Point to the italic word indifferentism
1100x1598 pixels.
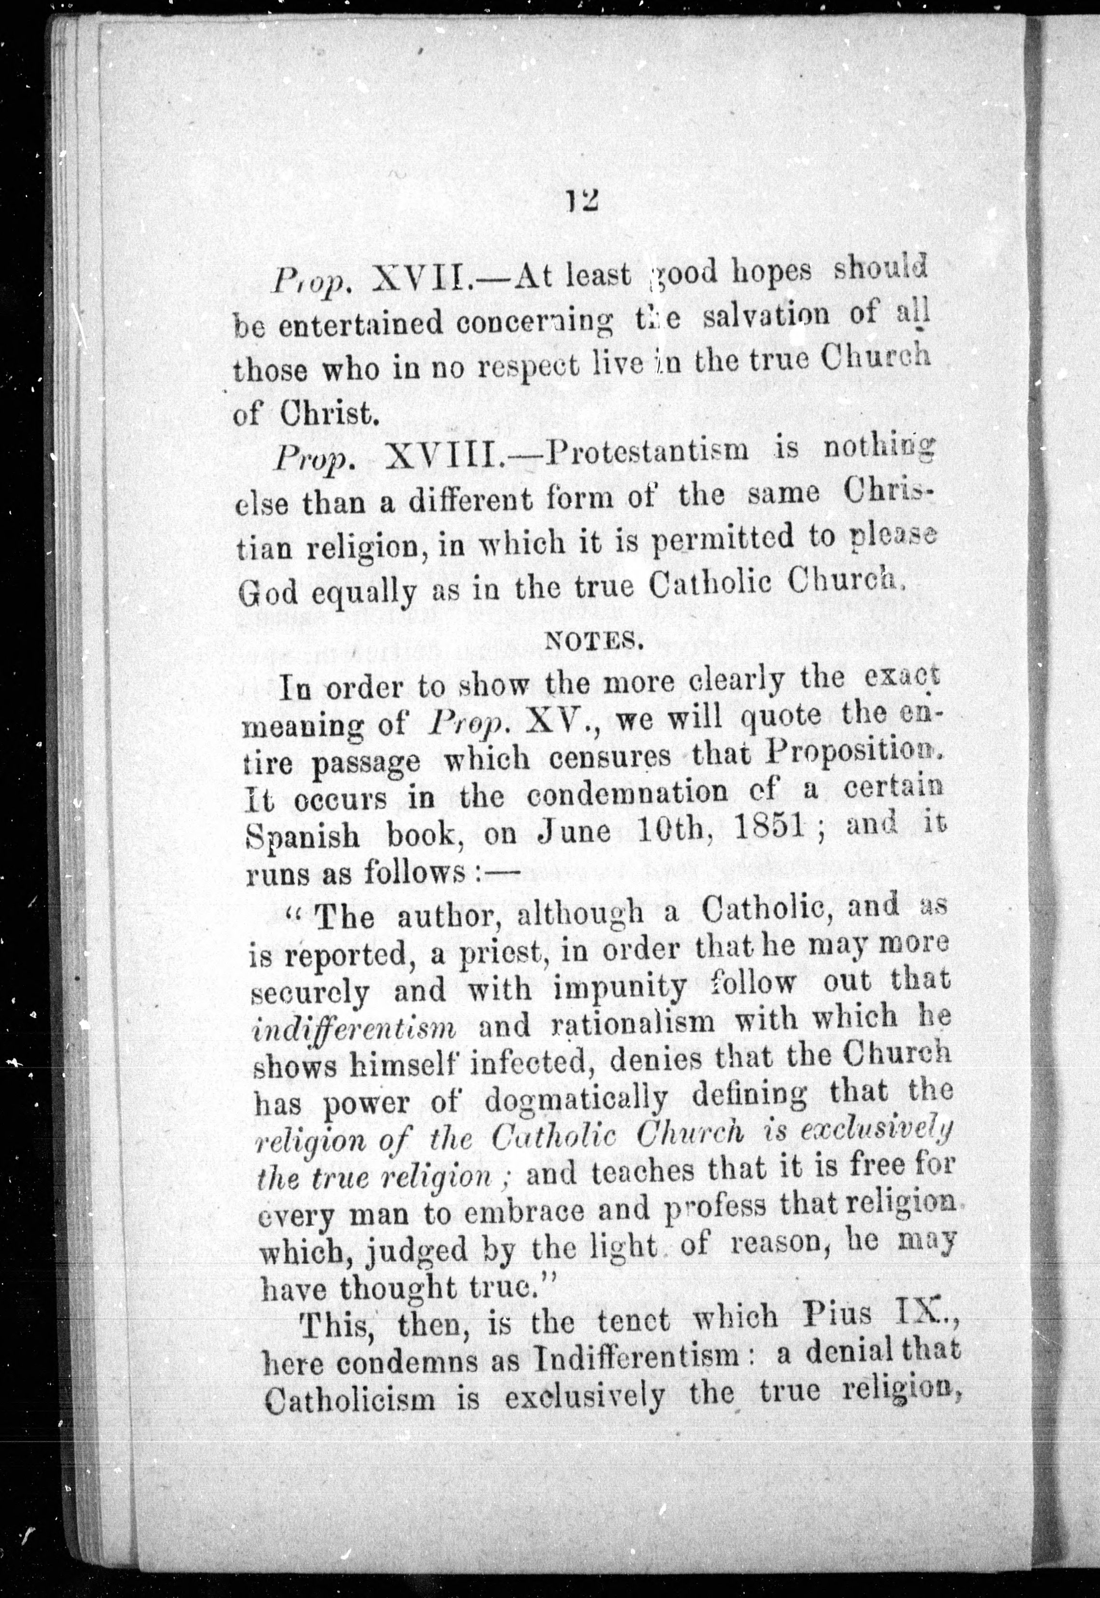[356, 1028]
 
